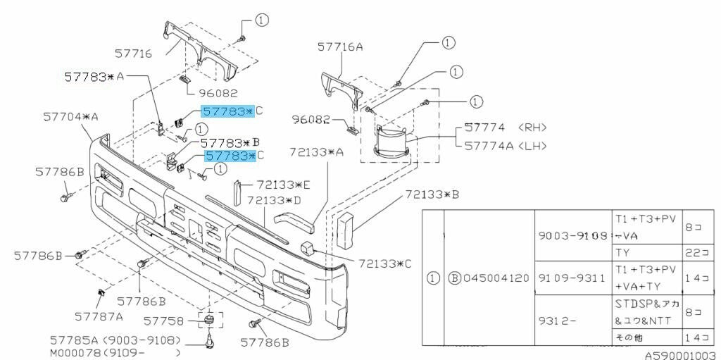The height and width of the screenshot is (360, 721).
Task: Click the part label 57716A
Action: point(340,46)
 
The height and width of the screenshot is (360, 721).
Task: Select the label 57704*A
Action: point(71,117)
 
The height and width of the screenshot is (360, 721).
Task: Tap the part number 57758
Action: point(163,321)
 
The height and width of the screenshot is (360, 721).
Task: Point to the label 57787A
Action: point(99,317)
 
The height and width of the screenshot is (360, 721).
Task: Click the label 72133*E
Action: point(283,185)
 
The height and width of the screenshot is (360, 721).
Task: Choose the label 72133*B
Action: point(432,194)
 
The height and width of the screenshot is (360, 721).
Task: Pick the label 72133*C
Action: point(385,263)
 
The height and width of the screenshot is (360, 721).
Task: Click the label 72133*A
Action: point(316,152)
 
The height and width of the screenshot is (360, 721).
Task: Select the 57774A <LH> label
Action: point(506,146)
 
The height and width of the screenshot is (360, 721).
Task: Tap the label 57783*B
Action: point(230,143)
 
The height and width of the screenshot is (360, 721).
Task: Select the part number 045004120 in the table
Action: point(496,278)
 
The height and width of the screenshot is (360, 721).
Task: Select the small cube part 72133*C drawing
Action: point(307,247)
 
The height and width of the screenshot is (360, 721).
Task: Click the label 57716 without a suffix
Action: point(133,54)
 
